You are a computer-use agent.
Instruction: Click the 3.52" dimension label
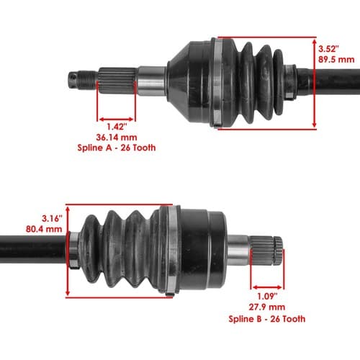tap(328, 49)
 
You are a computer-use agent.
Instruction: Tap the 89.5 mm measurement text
tap(336, 60)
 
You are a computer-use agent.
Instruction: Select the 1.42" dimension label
tap(117, 127)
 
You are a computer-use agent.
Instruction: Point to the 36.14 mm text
tap(117, 138)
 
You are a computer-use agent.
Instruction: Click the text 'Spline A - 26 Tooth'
tap(117, 148)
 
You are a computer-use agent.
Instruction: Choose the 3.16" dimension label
tap(52, 218)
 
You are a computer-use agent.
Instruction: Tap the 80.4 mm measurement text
tap(44, 229)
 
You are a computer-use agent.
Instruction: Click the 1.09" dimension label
tap(267, 296)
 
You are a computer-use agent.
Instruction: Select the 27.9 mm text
tap(267, 307)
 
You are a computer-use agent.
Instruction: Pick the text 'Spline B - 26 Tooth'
tap(267, 319)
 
